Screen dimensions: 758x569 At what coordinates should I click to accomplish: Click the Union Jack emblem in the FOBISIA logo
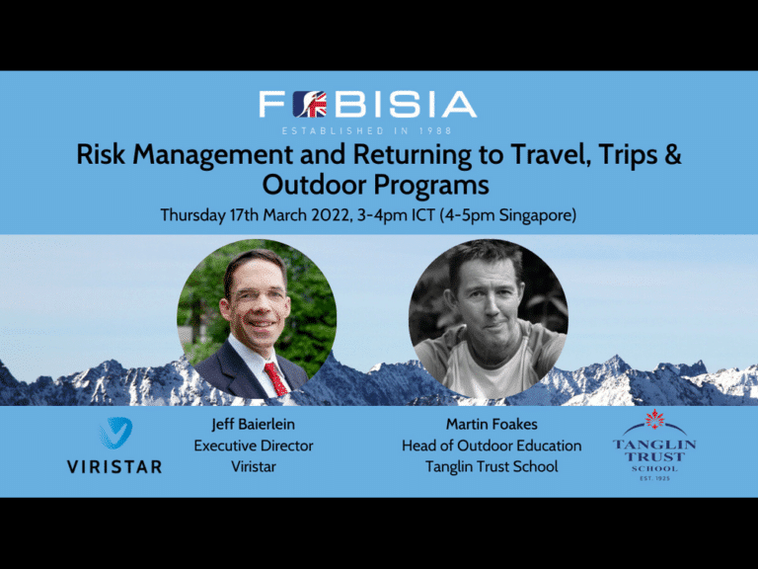point(310,105)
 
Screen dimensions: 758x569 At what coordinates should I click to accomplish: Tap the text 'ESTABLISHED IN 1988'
point(367,130)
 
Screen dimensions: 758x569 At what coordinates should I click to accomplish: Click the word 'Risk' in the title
point(101,155)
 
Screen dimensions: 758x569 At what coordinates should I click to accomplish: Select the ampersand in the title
point(672,155)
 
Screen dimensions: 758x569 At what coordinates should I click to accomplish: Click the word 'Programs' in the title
point(431,187)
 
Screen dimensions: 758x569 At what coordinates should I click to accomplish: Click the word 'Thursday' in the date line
point(192,215)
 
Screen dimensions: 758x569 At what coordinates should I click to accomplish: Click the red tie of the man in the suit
point(275,378)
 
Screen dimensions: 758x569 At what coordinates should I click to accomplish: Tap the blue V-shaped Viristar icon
point(116,432)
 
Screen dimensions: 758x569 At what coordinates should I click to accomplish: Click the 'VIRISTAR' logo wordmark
point(114,467)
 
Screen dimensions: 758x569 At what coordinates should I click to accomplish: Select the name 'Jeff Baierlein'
point(254,425)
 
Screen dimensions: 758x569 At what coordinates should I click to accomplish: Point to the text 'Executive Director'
point(254,446)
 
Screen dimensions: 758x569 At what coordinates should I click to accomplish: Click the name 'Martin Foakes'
point(492,425)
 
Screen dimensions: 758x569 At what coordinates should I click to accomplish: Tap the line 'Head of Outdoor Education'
point(492,446)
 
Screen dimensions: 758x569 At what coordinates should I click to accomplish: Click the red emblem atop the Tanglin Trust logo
point(654,420)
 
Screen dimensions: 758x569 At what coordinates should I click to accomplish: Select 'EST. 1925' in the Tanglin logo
point(654,478)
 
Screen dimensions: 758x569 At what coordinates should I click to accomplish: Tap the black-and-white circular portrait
point(489,319)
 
